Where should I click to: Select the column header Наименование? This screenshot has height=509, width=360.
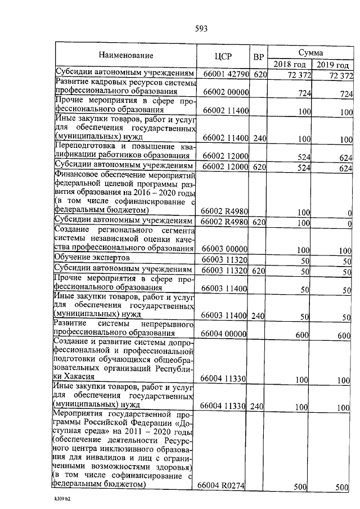click(x=125, y=56)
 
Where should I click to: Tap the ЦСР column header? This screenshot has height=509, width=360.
click(x=223, y=56)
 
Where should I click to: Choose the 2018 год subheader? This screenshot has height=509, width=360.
click(x=290, y=64)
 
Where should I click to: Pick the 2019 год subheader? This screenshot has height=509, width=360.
click(x=333, y=64)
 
